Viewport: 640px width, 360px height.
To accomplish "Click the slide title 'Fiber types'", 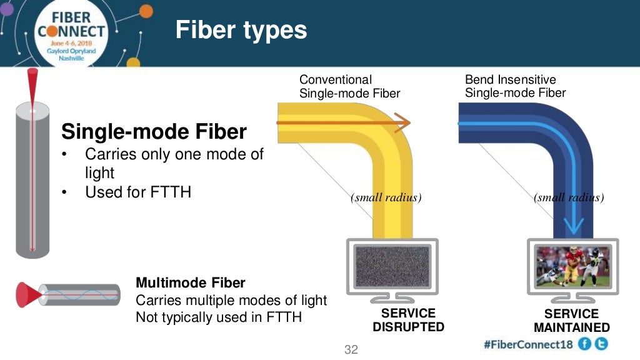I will click(241, 29).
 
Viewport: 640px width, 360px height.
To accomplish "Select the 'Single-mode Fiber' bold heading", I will click(154, 132).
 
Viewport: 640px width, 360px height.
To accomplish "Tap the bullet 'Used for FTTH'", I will click(137, 192).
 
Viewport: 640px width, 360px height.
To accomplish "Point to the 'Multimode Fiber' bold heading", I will click(191, 282).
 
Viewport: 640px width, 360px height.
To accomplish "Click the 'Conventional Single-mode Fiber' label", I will click(349, 86).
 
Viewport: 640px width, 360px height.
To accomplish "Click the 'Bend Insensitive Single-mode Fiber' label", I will click(515, 86).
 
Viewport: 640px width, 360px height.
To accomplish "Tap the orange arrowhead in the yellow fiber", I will click(403, 123).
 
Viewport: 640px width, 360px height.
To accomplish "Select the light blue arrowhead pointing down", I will click(574, 226).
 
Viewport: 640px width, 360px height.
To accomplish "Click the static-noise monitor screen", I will click(392, 266).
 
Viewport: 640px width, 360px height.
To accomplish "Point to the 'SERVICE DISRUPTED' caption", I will click(409, 320).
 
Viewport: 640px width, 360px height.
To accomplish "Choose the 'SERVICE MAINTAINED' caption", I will click(571, 321).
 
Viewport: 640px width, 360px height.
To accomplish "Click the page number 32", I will click(351, 349).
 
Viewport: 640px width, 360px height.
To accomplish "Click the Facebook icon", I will click(584, 344).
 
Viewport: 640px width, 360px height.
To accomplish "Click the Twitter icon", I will click(601, 344).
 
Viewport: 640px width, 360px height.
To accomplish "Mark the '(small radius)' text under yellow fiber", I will click(386, 197).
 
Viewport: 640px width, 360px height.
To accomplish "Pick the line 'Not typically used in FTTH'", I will click(219, 317).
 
